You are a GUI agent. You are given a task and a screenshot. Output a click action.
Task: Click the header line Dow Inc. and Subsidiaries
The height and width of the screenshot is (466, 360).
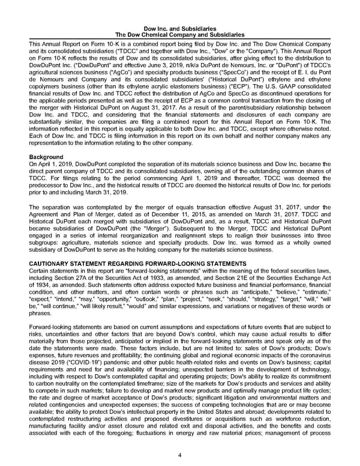(180, 28)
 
